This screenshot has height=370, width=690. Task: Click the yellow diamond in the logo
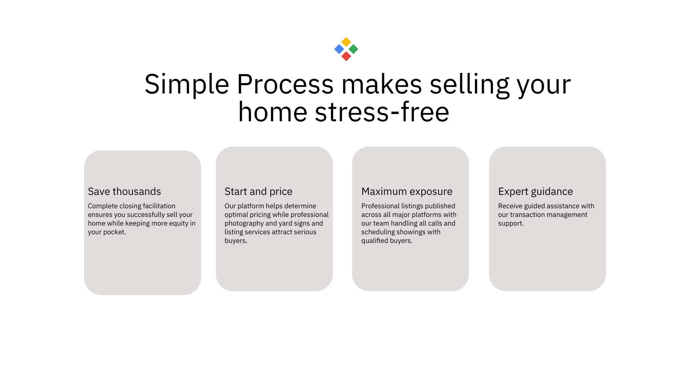[346, 42]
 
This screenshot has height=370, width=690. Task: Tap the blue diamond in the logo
[339, 49]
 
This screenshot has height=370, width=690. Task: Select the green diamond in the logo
[353, 49]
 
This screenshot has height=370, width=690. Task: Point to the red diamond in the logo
[346, 56]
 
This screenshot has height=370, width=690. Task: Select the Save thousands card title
[125, 191]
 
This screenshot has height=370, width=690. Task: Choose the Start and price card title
[258, 191]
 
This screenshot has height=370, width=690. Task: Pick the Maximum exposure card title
[407, 191]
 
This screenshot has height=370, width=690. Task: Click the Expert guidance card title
[536, 191]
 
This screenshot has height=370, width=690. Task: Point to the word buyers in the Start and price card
[235, 241]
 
